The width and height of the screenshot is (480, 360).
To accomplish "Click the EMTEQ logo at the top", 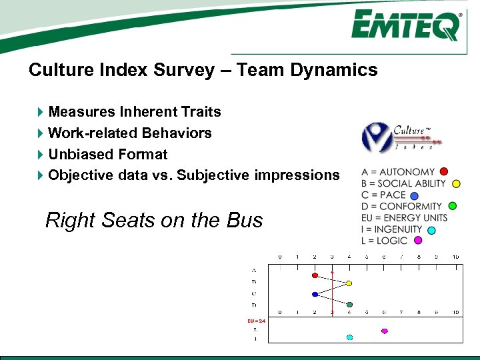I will [x=406, y=26].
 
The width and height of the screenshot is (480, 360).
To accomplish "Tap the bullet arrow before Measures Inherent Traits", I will [x=41, y=112].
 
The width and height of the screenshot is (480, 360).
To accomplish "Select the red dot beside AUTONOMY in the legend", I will [x=444, y=172].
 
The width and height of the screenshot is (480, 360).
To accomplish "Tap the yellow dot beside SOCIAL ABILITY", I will [x=456, y=184].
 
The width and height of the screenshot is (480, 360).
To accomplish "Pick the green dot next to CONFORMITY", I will [x=452, y=206].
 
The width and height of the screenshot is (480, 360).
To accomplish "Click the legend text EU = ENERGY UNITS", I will [x=404, y=218].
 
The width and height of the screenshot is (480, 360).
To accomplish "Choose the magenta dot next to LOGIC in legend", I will [x=418, y=241].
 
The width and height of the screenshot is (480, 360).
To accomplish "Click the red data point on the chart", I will [x=315, y=275].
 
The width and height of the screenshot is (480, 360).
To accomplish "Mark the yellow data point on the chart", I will [x=349, y=283].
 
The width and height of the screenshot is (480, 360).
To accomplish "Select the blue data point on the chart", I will [x=315, y=294].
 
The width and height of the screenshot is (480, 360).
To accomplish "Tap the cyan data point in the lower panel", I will [x=349, y=337].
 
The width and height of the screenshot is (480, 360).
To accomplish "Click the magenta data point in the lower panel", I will [x=384, y=331].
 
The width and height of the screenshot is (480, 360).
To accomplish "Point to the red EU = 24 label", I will [x=257, y=321].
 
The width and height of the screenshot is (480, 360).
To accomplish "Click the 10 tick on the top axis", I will [x=455, y=257].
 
